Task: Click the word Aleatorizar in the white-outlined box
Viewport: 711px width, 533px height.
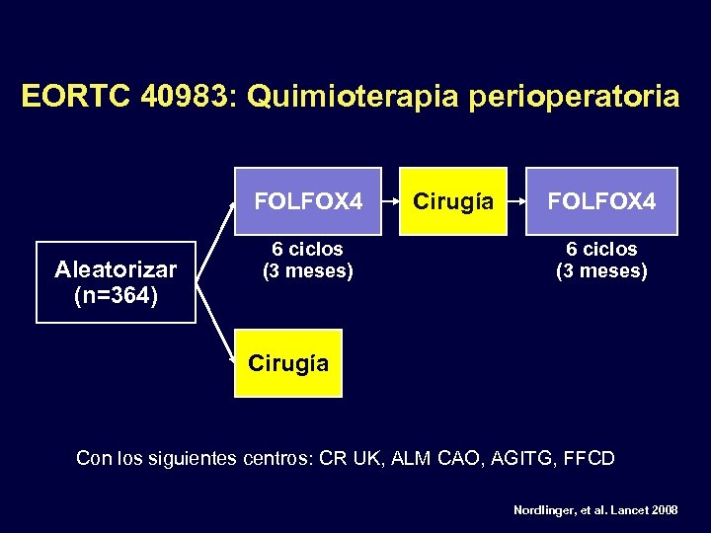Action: [116, 269]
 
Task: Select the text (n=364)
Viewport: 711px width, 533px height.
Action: [116, 295]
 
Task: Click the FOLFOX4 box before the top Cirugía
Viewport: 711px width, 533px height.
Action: [308, 201]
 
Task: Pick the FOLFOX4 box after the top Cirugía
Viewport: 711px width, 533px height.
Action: [601, 201]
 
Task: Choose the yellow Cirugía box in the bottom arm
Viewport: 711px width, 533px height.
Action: [288, 363]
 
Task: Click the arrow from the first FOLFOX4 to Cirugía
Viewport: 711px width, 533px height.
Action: [392, 201]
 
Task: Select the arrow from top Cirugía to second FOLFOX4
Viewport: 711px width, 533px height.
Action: [514, 201]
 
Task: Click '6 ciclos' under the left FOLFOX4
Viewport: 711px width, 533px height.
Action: [308, 250]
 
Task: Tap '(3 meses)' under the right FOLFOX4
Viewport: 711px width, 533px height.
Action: [601, 270]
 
